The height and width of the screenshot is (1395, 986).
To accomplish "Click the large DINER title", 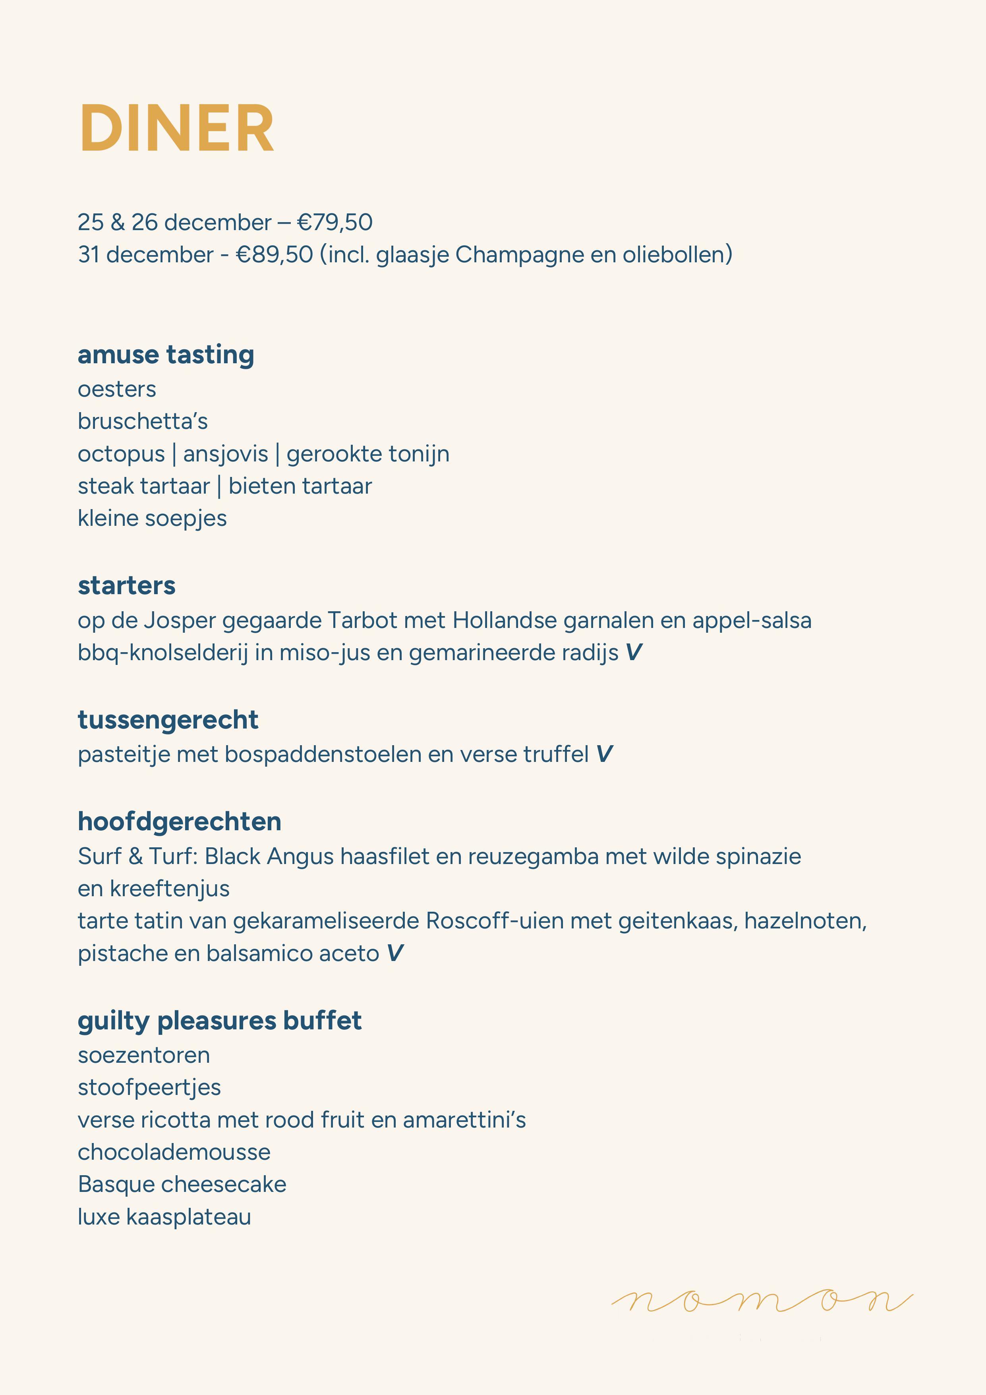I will tap(177, 128).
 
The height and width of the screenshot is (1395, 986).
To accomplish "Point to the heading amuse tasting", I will tap(166, 355).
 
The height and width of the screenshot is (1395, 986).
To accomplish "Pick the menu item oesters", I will tap(116, 389).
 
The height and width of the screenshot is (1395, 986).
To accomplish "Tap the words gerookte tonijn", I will tap(368, 454).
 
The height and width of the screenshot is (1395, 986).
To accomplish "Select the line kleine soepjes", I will tap(152, 518).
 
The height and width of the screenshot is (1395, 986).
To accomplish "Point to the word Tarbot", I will tap(362, 620).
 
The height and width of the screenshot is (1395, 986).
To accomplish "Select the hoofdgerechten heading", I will tap(179, 822).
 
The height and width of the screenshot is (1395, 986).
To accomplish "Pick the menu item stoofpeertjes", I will tap(149, 1087).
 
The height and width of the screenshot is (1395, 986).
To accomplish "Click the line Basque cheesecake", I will tap(182, 1184).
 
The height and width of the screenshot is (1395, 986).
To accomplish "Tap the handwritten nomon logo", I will tap(762, 1302).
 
